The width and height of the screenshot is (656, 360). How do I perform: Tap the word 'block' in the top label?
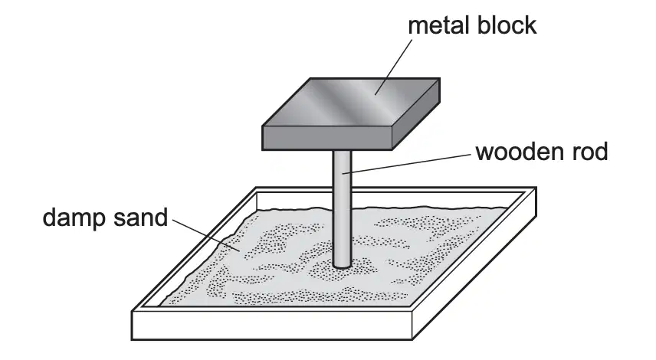point(507,25)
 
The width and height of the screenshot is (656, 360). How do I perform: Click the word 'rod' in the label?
point(589,152)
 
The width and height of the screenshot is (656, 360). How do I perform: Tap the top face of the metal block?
point(350,102)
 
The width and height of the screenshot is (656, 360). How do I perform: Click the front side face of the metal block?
point(326,138)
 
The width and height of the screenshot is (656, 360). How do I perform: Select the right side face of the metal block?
point(416,114)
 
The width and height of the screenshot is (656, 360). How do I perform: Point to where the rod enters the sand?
point(343,265)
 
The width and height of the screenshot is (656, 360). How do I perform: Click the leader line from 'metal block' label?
point(394,67)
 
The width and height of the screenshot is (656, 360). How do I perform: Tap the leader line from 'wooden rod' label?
point(406,163)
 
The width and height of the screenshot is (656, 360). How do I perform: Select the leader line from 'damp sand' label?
point(206,235)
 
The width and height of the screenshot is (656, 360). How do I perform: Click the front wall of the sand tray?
point(272,325)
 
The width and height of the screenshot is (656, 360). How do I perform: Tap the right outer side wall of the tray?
point(474,263)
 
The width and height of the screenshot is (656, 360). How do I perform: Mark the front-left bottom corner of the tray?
point(133,339)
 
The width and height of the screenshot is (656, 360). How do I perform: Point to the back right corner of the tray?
point(536,188)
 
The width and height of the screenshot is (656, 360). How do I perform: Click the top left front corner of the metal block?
point(263,126)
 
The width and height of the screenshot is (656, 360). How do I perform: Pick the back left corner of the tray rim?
point(256,188)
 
